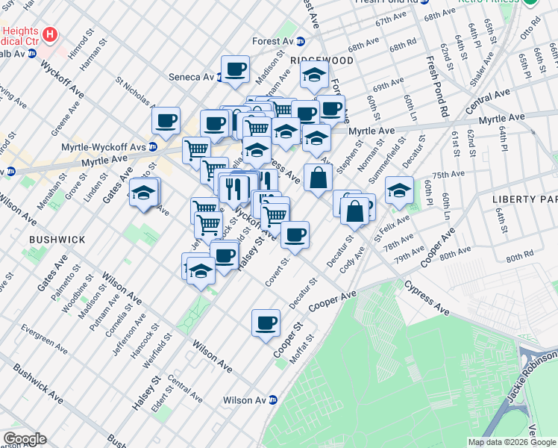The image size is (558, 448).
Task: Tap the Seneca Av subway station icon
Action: click(221, 77)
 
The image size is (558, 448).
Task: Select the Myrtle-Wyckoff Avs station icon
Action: click(152, 146)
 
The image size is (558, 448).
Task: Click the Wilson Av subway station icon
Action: click(273, 400)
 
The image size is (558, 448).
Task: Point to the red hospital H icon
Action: click(50, 34)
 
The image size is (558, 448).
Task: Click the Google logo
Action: click(25, 438)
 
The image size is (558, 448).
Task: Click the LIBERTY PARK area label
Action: click(524, 199)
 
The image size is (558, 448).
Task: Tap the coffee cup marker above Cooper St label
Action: click(266, 323)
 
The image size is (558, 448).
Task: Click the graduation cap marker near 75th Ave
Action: click(399, 191)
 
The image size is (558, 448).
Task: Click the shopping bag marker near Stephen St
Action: click(318, 179)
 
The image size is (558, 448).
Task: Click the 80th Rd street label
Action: click(519, 258)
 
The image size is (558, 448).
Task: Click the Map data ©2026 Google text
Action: click(510, 442)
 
